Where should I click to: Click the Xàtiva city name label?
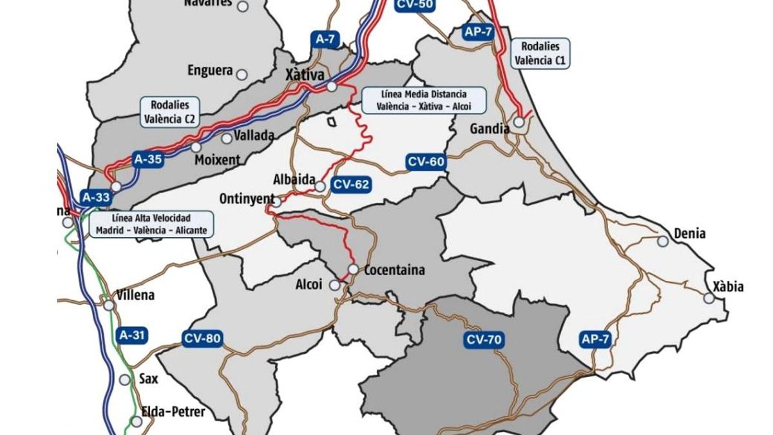(305, 76)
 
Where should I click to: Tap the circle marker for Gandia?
(519, 122)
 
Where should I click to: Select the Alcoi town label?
(308, 285)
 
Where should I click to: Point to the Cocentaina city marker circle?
(353, 269)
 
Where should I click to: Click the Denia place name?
(689, 233)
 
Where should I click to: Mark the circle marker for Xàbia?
(709, 298)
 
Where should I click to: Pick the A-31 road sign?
(133, 334)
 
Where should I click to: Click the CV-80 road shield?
(202, 338)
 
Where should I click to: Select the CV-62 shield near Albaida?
(351, 185)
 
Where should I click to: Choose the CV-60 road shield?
(426, 162)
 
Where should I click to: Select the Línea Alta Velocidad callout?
(151, 224)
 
